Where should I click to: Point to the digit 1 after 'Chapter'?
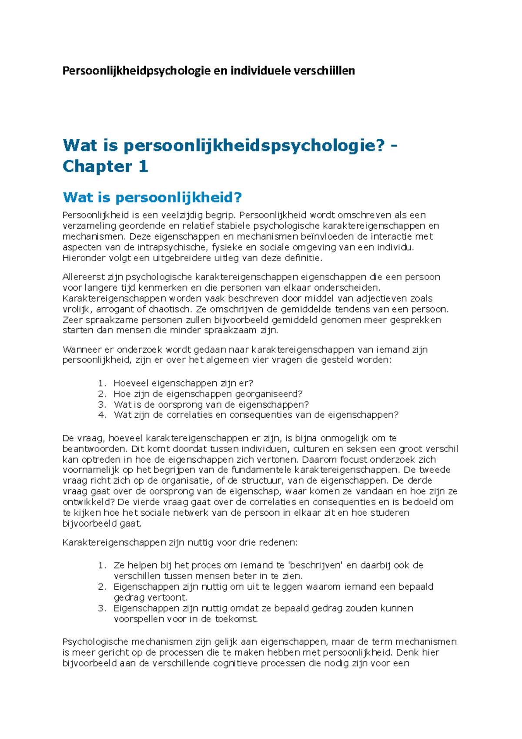coord(143,166)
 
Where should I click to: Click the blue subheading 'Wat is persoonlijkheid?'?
coord(152,198)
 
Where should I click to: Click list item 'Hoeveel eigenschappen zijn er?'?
coord(183,383)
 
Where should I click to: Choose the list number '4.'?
coord(102,415)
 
